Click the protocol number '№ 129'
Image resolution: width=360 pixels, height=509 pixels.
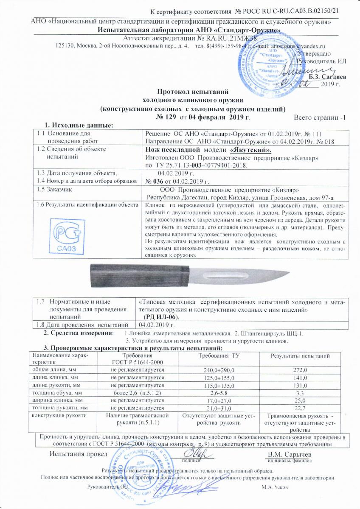[x=166, y=117]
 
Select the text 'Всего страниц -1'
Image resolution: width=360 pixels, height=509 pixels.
[x=319, y=117]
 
